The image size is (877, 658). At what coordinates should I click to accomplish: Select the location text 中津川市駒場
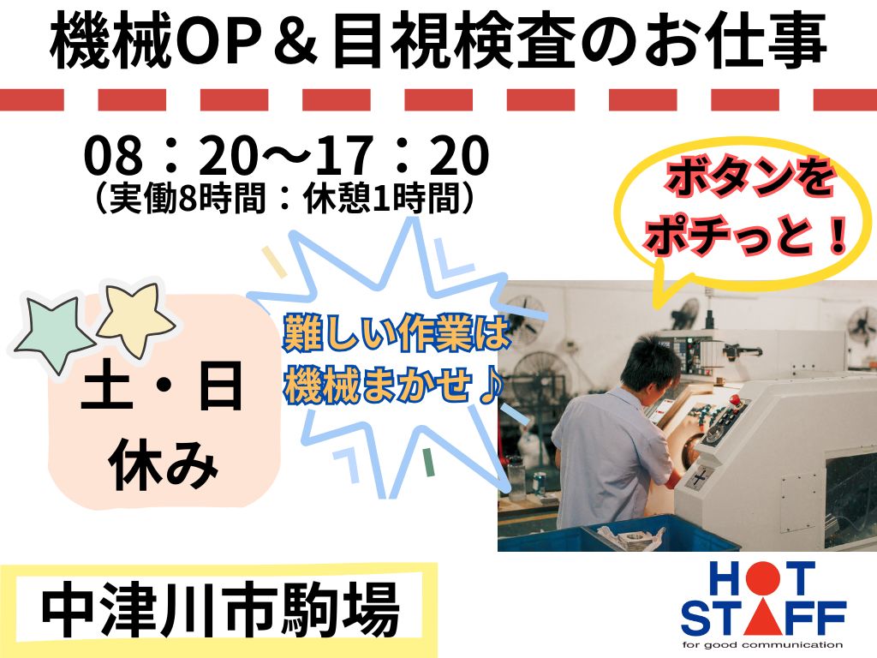pos(221,611)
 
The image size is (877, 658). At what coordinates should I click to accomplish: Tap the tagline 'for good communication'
pos(762,645)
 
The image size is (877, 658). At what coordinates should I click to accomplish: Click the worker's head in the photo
pos(651,363)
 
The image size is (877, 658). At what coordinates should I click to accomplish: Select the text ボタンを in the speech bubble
pos(749,179)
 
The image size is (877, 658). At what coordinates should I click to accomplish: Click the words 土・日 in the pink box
pos(162,386)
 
